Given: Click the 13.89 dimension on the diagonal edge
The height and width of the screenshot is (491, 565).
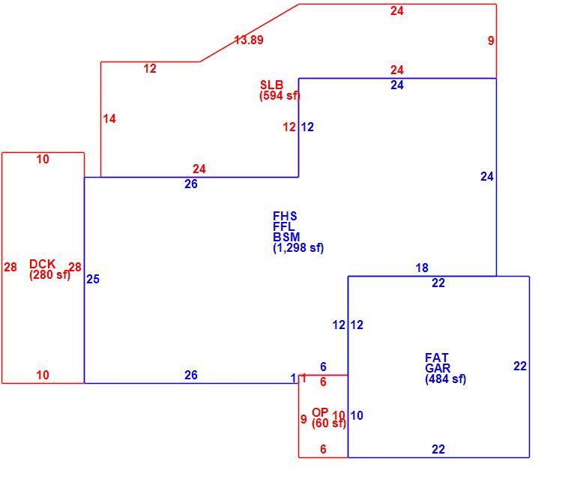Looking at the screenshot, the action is [249, 40].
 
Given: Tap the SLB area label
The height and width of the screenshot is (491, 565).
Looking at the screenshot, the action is [272, 85].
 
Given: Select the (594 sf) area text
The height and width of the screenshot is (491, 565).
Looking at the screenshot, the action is [280, 95].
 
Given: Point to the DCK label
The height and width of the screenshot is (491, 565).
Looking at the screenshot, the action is [42, 264].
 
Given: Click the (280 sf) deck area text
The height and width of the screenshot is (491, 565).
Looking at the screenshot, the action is [49, 274].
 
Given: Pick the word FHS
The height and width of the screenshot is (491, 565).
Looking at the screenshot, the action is [285, 217].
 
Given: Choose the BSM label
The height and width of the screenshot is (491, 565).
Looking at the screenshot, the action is [286, 237].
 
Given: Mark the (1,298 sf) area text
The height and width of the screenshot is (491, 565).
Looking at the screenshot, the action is [298, 247].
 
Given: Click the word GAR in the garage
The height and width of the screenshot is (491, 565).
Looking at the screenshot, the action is [438, 368].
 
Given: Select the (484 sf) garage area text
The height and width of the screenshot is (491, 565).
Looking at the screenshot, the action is [446, 379].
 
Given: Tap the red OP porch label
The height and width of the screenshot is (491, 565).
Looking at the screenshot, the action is [320, 412].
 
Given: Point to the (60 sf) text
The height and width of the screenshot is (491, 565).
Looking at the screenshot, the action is [329, 424].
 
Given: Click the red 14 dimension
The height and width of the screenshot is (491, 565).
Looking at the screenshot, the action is [109, 119].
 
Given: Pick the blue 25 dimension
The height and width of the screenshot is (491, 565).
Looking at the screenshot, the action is [93, 280].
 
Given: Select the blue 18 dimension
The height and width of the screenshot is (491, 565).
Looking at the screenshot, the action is [422, 268].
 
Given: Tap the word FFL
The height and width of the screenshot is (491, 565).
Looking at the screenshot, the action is [284, 226].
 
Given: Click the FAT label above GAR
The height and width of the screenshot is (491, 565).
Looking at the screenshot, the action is [437, 358].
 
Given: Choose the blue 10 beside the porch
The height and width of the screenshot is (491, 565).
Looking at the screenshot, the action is [357, 415].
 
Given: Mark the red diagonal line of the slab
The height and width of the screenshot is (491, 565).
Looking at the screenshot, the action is [250, 33].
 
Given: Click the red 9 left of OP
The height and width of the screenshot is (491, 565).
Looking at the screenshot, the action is [303, 419].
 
